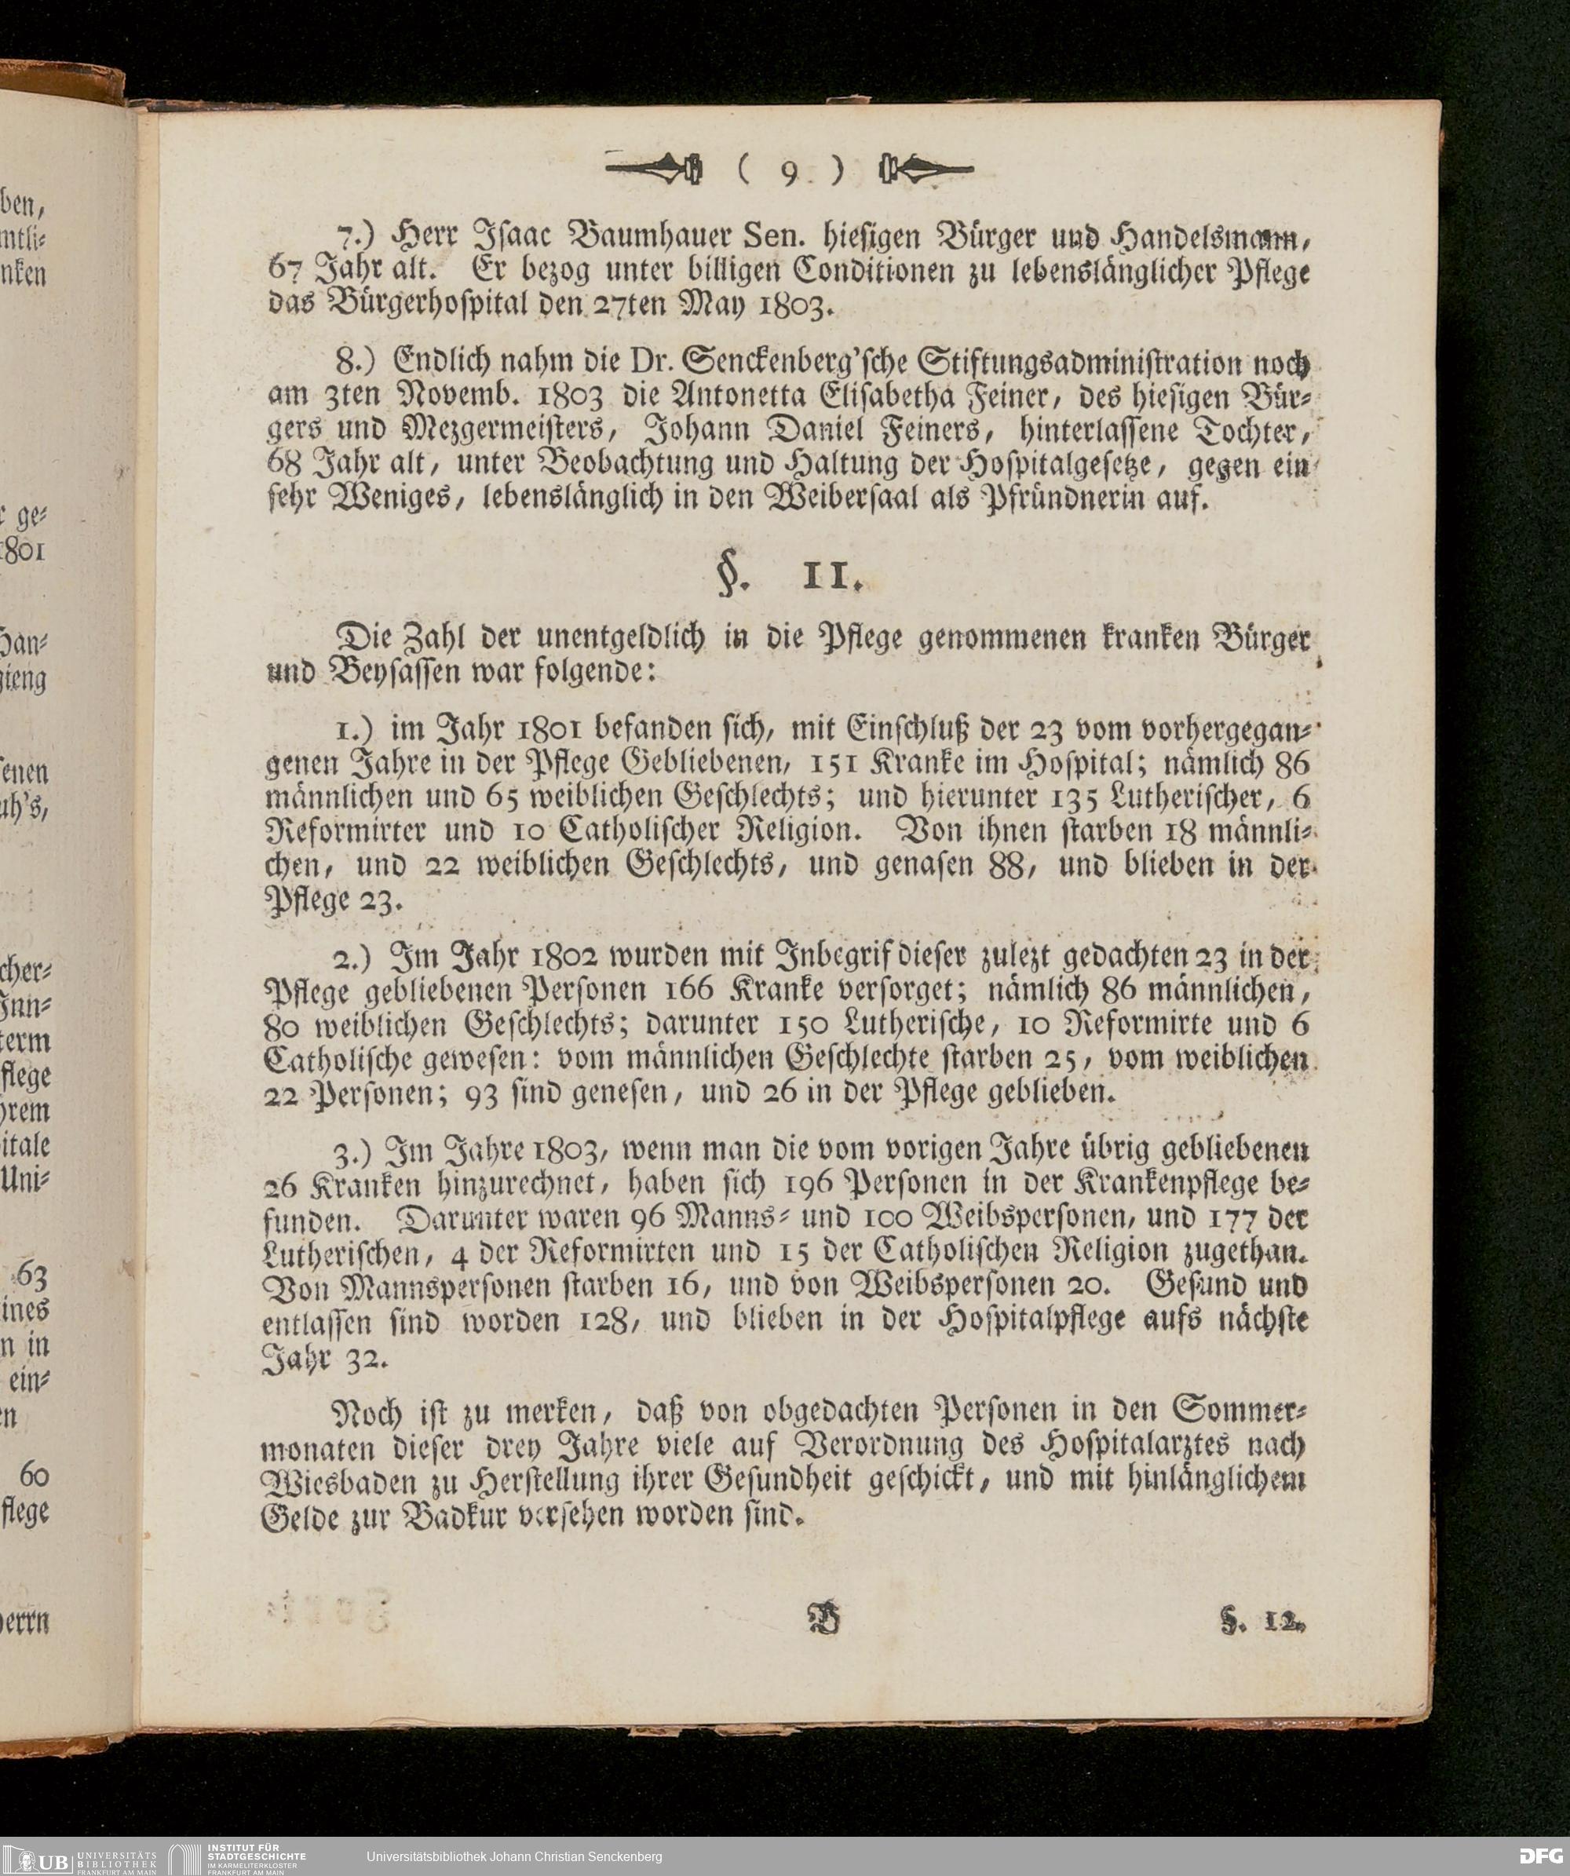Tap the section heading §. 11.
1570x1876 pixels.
(790, 581)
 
